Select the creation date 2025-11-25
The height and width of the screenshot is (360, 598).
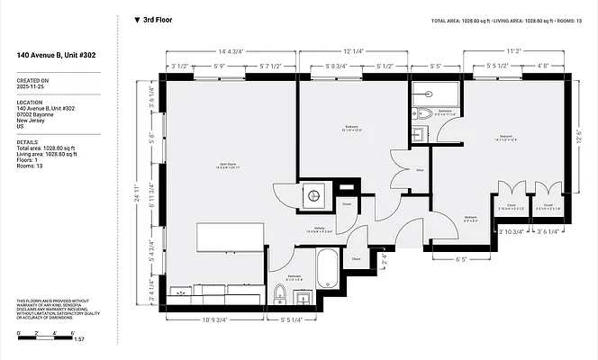(32, 87)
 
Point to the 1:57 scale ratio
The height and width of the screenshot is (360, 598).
(78, 340)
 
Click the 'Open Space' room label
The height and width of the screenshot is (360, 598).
(228, 166)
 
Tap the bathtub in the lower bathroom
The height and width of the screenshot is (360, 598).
(327, 270)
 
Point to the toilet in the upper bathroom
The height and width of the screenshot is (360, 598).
(423, 114)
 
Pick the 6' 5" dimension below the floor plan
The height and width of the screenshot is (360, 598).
(461, 260)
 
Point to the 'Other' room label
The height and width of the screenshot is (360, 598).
(419, 169)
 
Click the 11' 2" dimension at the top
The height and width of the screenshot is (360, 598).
(513, 51)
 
